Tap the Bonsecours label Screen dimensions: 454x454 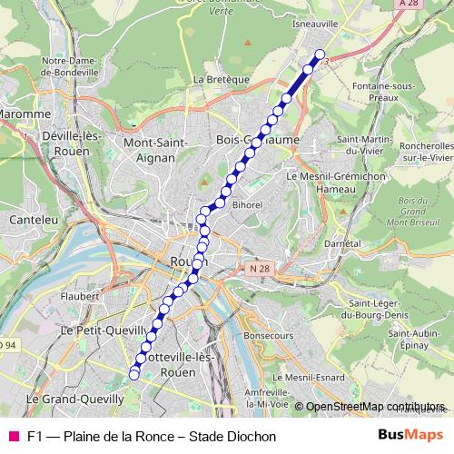coord(271,335)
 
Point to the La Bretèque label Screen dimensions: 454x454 coord(221,80)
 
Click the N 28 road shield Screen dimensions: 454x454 coord(257,269)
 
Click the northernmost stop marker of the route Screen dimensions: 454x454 coord(320,54)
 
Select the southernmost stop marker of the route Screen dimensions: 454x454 coord(134,374)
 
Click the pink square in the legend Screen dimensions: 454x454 coord(14,436)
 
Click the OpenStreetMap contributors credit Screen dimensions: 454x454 coord(374,407)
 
